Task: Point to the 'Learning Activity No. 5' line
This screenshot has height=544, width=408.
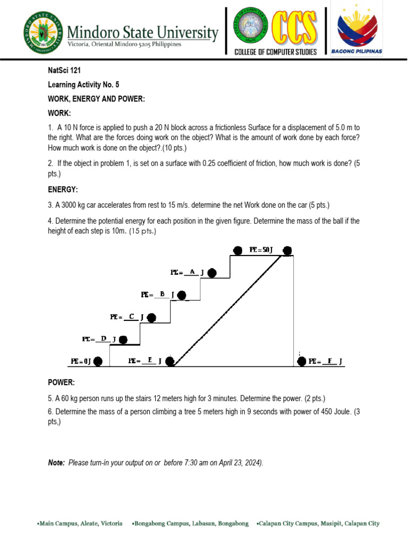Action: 81,84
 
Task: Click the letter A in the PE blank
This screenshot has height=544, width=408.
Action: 192,272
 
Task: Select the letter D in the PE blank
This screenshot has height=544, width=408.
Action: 104,338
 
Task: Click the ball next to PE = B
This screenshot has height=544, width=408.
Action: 182,295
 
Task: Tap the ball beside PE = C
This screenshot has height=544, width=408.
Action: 151,318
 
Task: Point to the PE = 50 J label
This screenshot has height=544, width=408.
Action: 260,250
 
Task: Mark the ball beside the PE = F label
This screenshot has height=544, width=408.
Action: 301,361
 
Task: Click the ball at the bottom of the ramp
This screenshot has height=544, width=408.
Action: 169,361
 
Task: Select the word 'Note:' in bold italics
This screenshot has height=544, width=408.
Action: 56,463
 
